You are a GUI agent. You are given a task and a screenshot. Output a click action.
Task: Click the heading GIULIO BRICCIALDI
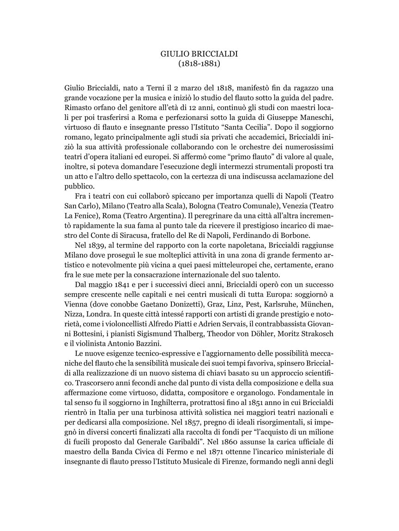point(199,54)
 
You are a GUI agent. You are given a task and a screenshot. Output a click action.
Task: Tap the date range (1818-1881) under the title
point(199,64)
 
